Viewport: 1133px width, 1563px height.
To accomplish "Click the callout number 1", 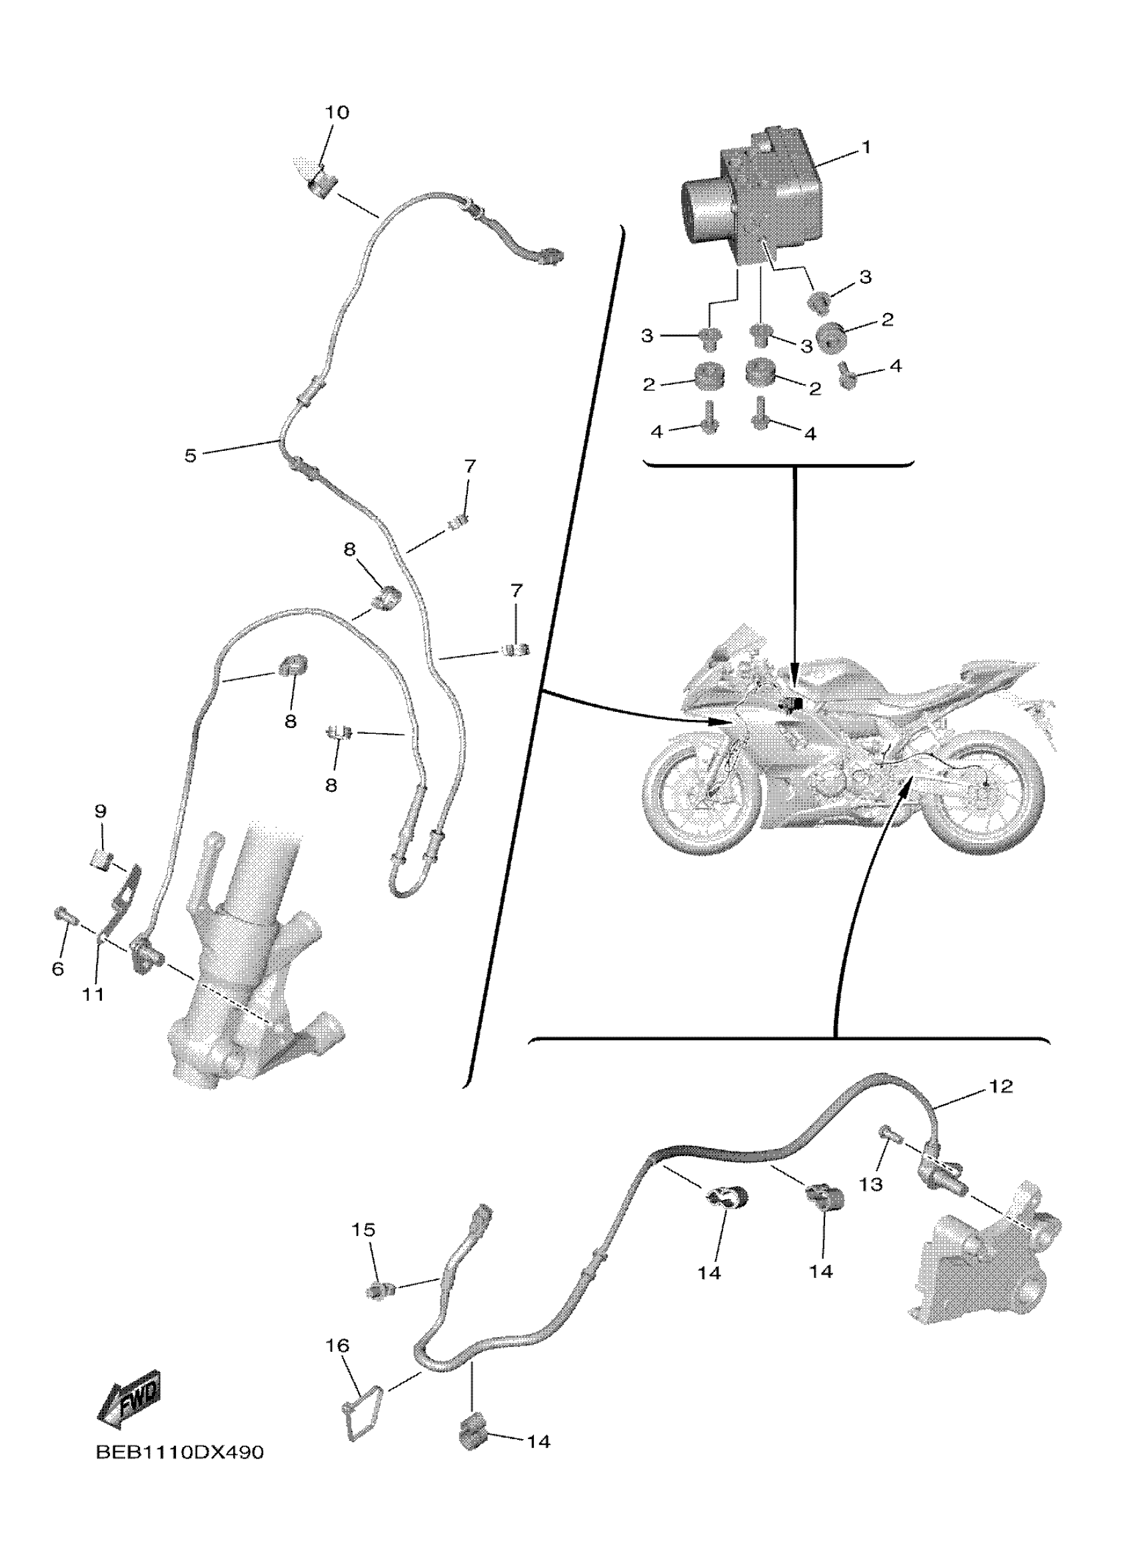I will coord(866,147).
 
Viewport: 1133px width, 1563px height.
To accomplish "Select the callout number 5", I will coord(191,456).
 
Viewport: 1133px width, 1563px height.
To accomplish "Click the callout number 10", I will coord(337,113).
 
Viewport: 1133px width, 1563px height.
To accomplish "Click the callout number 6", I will coord(58,969).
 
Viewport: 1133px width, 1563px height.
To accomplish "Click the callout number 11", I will coord(94,994).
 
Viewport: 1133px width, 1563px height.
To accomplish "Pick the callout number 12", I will coord(1001,1087).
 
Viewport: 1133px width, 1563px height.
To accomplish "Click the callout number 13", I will coord(871,1184).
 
